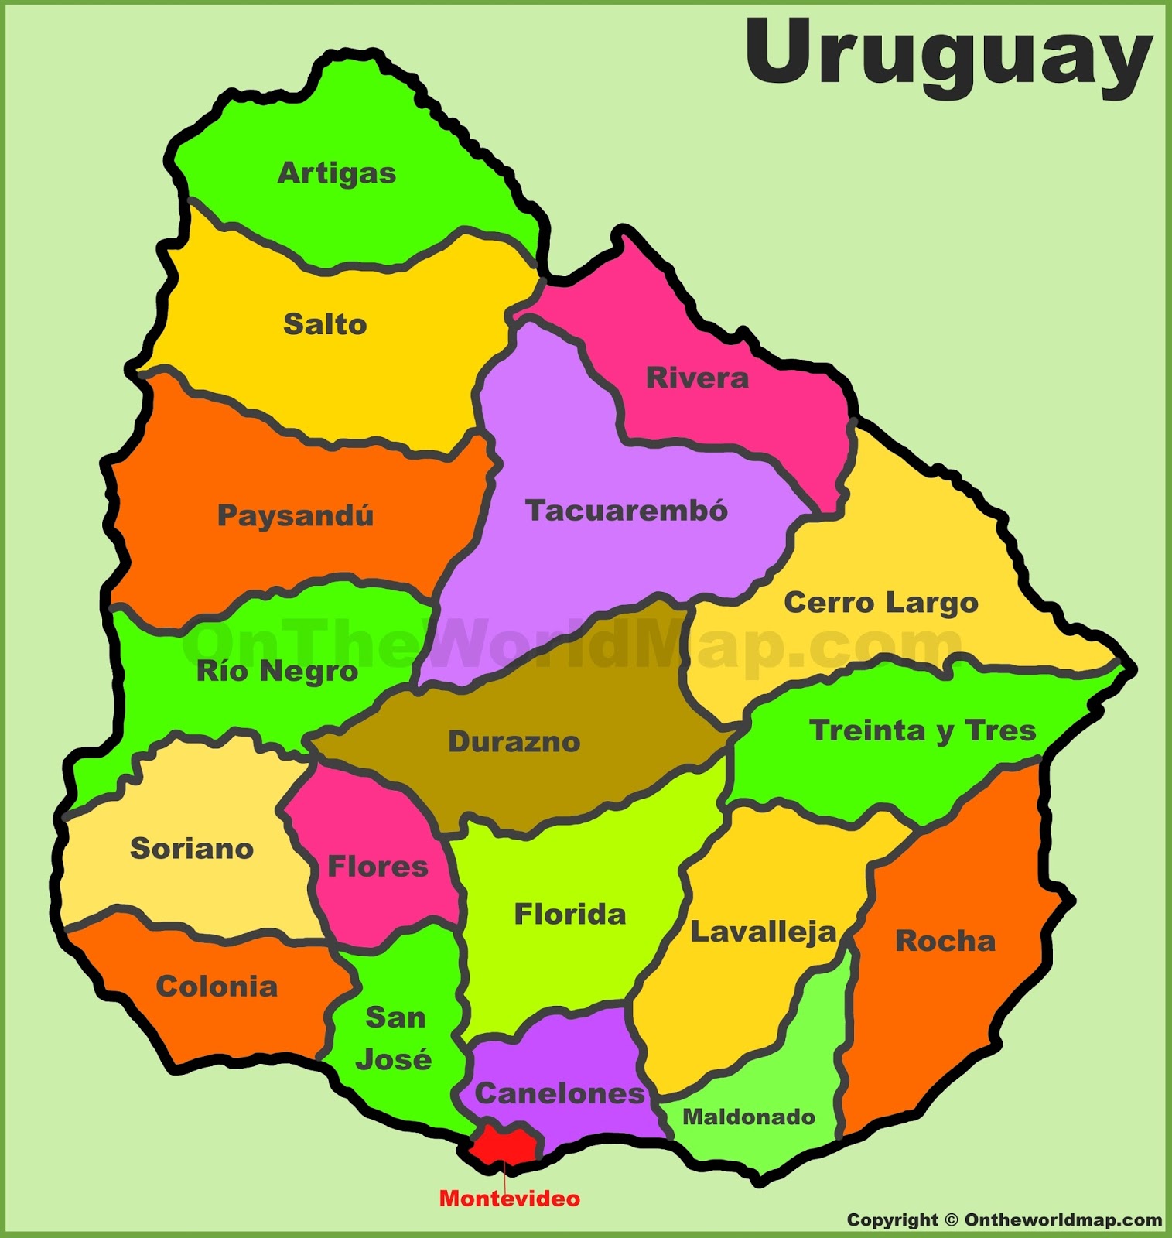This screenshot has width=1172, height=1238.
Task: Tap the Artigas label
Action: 337,173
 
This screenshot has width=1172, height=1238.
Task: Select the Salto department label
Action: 325,324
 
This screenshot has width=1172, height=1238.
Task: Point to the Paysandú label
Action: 296,515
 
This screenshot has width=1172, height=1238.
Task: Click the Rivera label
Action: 697,378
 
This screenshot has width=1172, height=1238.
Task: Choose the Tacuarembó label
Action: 627,511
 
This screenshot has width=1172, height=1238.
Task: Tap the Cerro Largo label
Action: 881,603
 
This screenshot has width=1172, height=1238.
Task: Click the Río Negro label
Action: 277,671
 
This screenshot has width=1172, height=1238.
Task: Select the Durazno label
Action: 514,742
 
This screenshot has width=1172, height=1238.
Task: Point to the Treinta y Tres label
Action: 922,731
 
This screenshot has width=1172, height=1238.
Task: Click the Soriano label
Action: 192,849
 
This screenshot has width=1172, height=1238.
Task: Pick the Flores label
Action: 378,867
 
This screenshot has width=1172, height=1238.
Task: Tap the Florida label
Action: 570,915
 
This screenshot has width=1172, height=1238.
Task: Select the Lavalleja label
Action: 764,932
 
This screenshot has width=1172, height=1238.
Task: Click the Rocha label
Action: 945,941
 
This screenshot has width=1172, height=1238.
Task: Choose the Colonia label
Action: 217,987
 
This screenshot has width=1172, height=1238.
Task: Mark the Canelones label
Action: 559,1093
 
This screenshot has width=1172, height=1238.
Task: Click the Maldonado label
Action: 749,1117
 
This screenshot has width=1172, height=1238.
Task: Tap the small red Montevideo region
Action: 504,1144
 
